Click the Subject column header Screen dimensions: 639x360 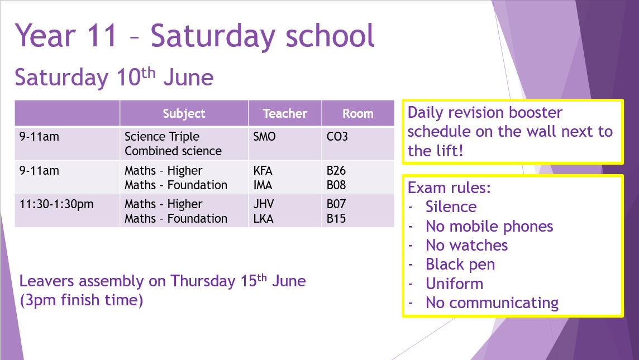tap(184, 113)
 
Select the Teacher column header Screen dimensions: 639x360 tap(285, 113)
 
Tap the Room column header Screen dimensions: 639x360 tap(358, 113)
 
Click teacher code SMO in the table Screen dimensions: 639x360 tap(265, 136)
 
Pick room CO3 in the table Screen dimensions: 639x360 tap(337, 136)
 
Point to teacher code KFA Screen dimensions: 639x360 tap(263, 170)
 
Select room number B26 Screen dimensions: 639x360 tap(336, 170)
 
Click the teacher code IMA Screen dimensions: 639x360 tap(263, 185)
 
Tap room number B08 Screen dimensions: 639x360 tap(336, 185)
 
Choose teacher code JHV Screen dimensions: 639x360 tap(264, 204)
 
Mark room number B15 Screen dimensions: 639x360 tap(336, 218)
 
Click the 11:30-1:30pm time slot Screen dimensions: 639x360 tap(56, 204)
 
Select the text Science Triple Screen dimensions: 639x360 tap(162, 137)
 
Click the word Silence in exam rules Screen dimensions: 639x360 tap(451, 207)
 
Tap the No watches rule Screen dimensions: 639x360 tap(466, 245)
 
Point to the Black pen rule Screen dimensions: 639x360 tap(460, 265)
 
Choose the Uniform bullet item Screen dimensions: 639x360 tap(454, 284)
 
